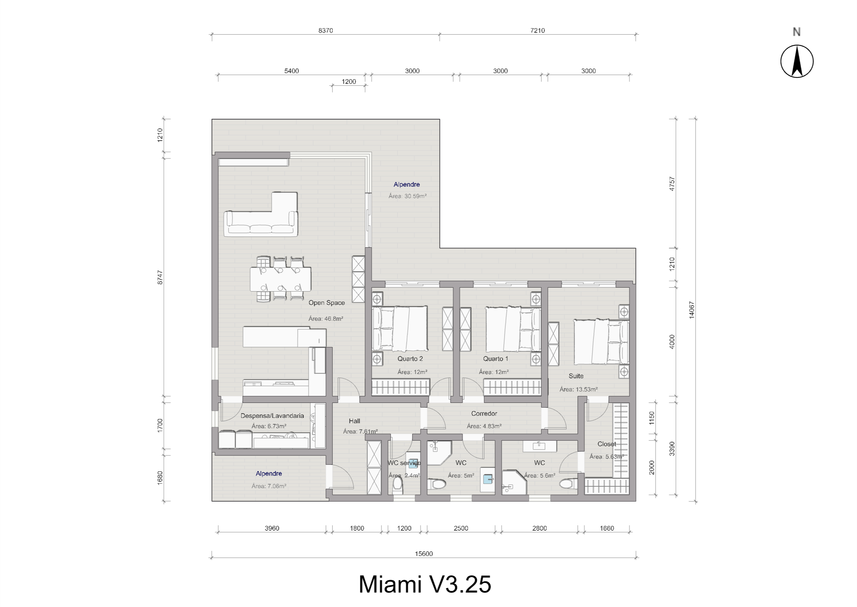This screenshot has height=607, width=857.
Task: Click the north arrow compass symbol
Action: point(796,61)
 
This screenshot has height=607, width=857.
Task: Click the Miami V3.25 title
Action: point(425,584)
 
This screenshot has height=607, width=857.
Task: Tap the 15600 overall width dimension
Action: point(423,553)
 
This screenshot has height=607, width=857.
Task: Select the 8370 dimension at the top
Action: point(325,31)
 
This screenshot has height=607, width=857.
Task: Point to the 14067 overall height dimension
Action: point(691,310)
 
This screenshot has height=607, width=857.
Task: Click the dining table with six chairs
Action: point(280,279)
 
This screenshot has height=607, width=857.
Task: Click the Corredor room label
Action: point(484,413)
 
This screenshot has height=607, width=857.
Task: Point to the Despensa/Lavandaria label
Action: point(272,416)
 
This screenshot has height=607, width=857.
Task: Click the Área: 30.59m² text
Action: point(407,196)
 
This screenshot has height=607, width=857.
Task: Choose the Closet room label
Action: point(606,444)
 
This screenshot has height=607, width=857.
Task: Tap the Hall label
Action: point(354,421)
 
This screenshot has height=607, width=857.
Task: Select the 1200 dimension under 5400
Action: point(349,81)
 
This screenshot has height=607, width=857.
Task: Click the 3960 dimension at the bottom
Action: point(272,528)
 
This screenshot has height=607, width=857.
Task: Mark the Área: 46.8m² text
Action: point(325,319)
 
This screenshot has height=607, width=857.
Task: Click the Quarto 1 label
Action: point(495,359)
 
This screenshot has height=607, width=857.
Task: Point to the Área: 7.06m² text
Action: point(269,486)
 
